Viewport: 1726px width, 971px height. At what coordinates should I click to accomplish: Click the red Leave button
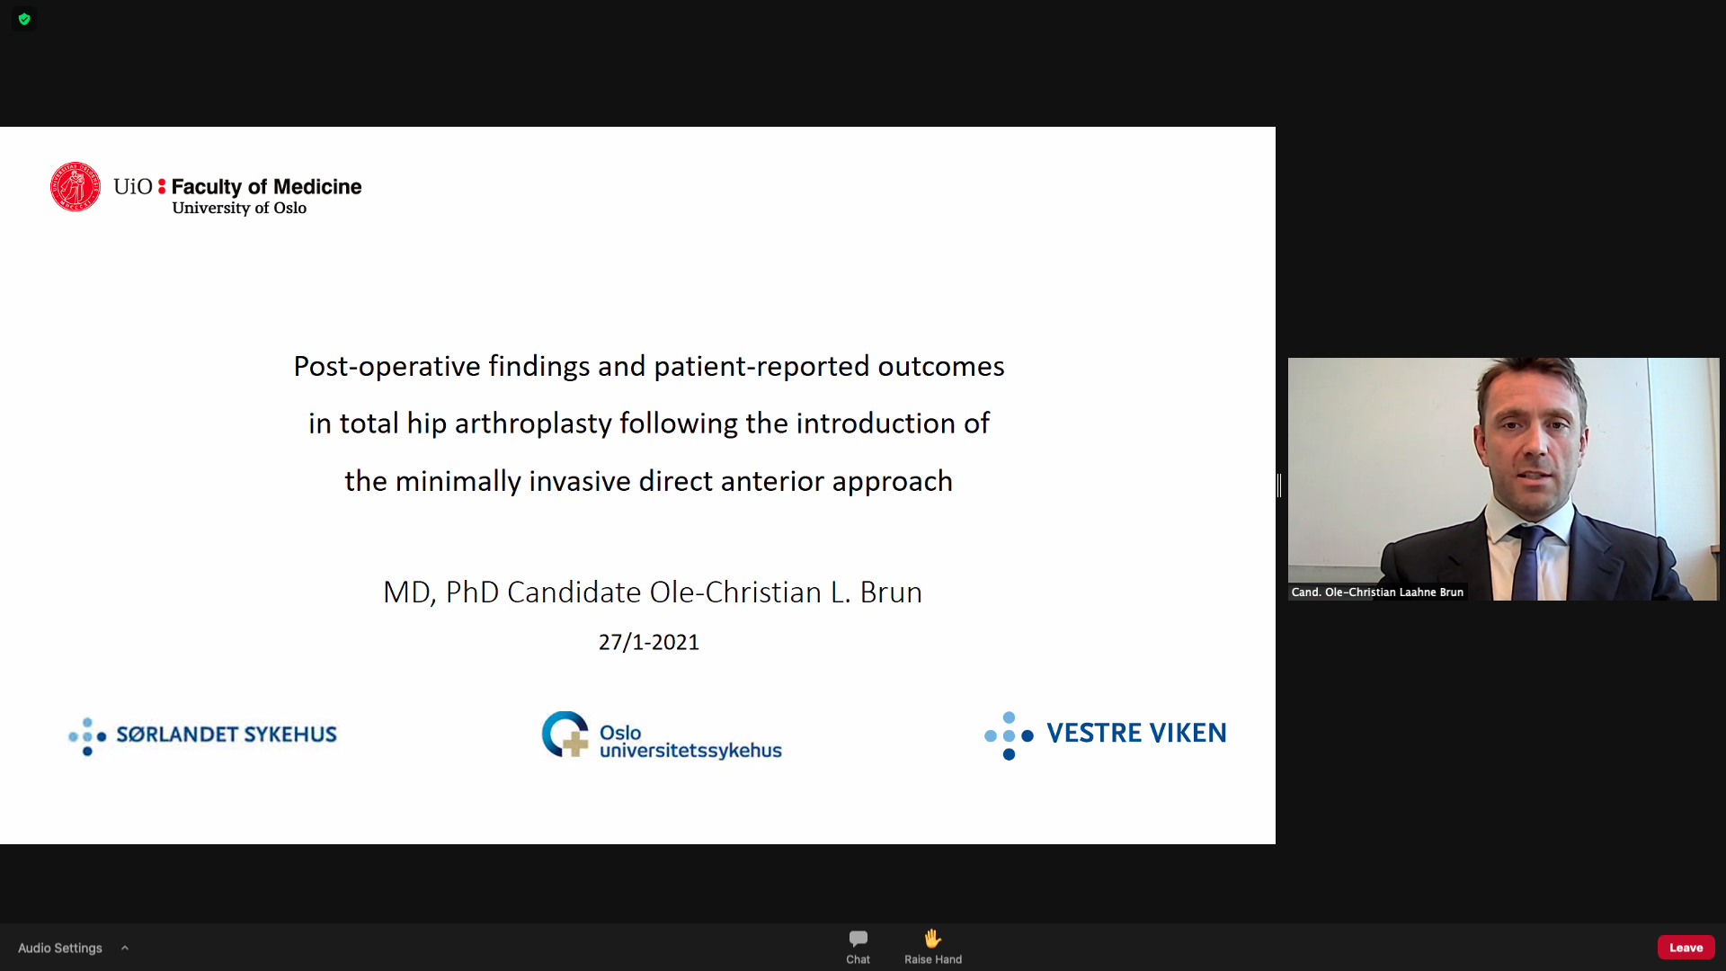click(x=1686, y=948)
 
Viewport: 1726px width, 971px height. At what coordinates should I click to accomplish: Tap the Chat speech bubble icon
click(x=859, y=940)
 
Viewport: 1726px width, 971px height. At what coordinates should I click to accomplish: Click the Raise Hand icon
click(x=933, y=939)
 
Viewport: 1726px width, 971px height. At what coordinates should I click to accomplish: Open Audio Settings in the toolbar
click(x=60, y=948)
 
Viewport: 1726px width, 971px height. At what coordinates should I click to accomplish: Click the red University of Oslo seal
click(x=76, y=187)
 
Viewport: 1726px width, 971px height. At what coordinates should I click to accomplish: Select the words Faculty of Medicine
click(x=266, y=186)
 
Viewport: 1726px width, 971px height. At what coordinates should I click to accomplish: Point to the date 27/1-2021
click(x=649, y=642)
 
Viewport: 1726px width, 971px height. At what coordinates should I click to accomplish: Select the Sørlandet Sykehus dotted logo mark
click(x=87, y=736)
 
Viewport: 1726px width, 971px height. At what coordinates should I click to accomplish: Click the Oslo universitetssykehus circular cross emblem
click(x=565, y=735)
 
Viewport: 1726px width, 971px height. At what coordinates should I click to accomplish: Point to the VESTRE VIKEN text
click(x=1136, y=733)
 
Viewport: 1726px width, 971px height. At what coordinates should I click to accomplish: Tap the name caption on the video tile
click(x=1377, y=592)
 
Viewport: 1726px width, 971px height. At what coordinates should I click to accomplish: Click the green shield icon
click(x=24, y=19)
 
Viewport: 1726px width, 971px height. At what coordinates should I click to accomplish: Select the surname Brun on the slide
click(x=891, y=592)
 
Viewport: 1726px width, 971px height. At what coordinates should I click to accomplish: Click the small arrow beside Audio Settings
click(x=125, y=948)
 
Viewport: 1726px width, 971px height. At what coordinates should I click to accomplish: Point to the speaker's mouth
click(x=1534, y=474)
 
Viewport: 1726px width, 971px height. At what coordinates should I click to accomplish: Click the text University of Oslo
click(x=239, y=208)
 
